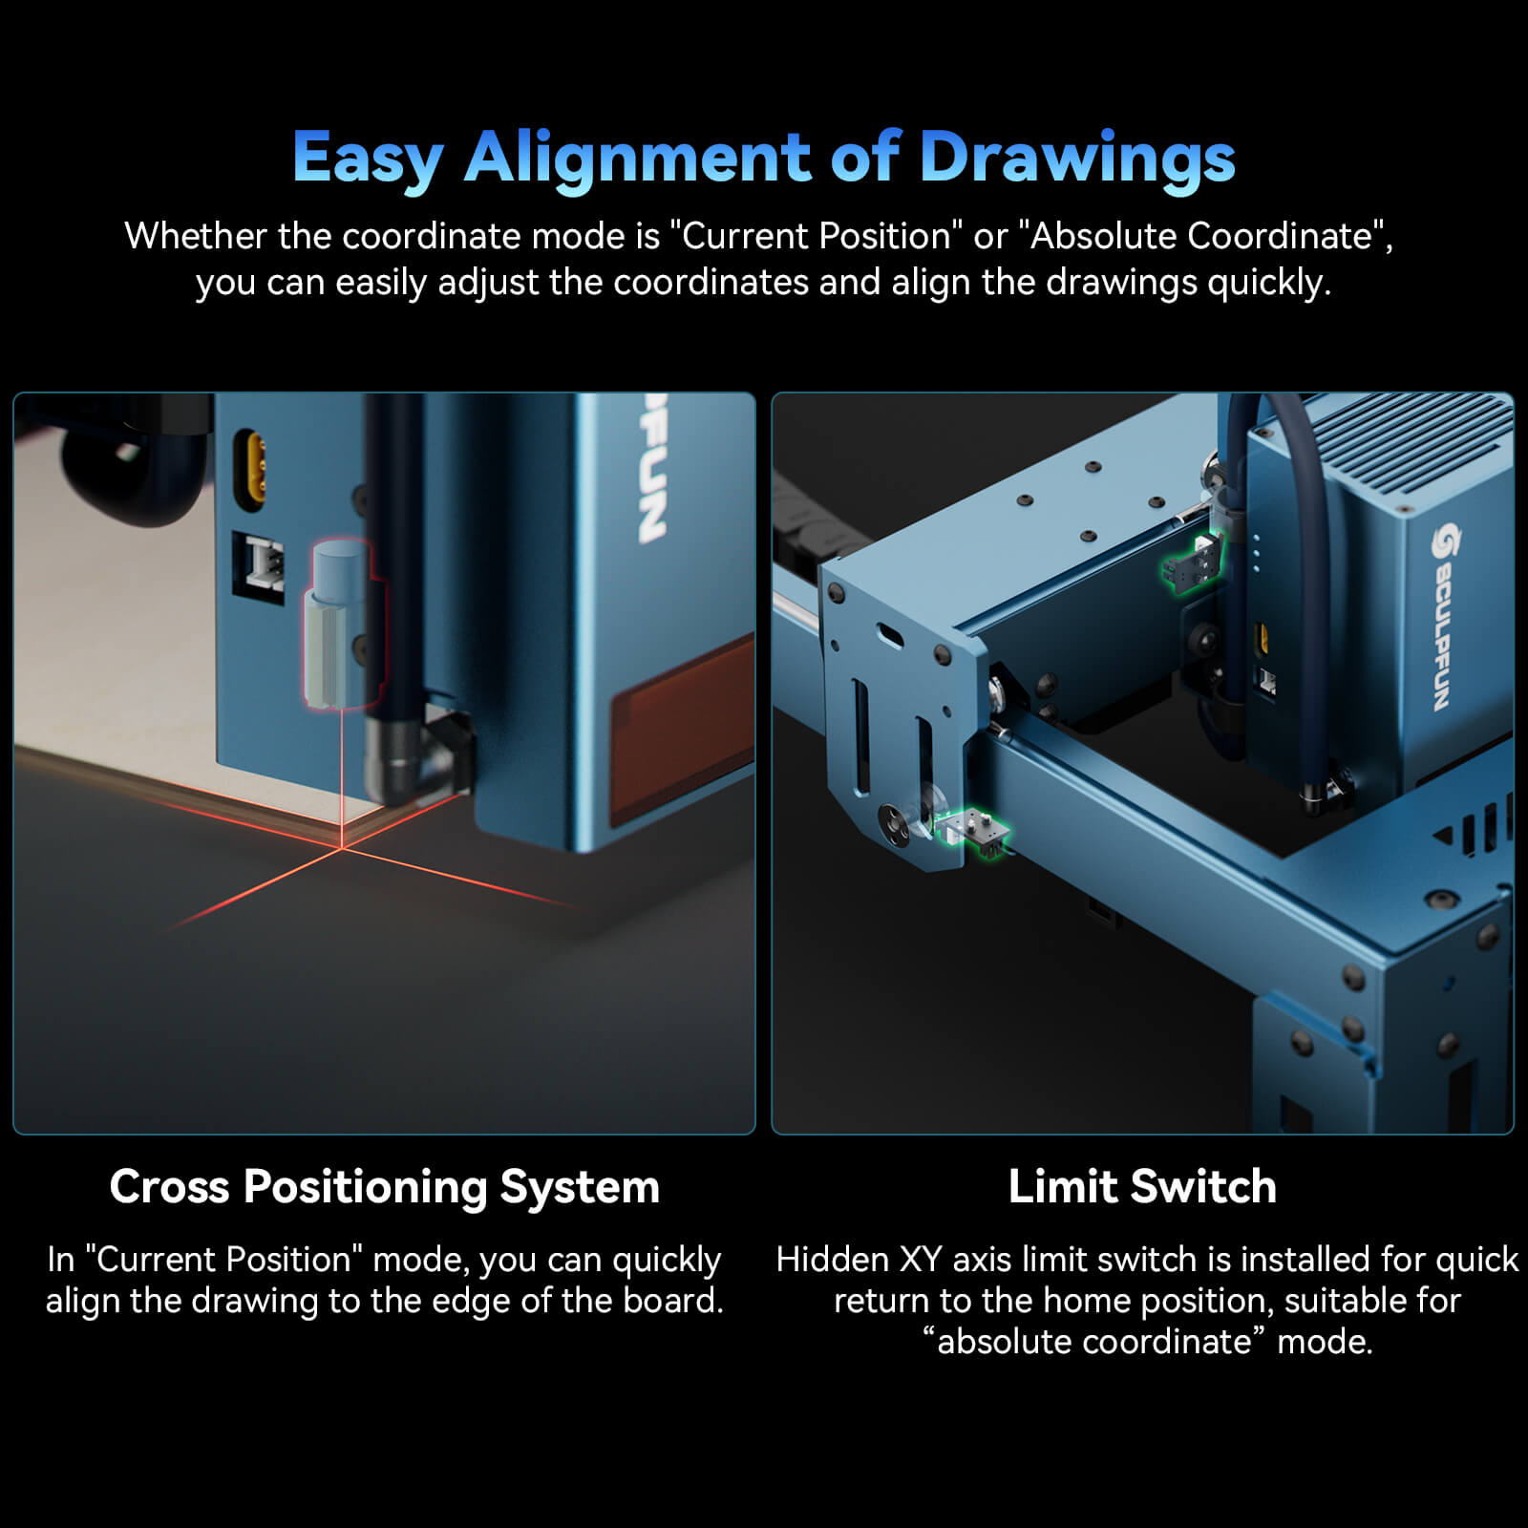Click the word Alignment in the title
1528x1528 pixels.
coord(637,157)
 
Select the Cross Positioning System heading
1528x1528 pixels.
coord(384,1187)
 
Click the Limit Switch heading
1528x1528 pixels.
coord(1142,1187)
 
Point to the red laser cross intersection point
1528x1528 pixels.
coord(341,847)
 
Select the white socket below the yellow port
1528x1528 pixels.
coord(259,565)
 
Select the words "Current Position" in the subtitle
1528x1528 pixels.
coord(817,236)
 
